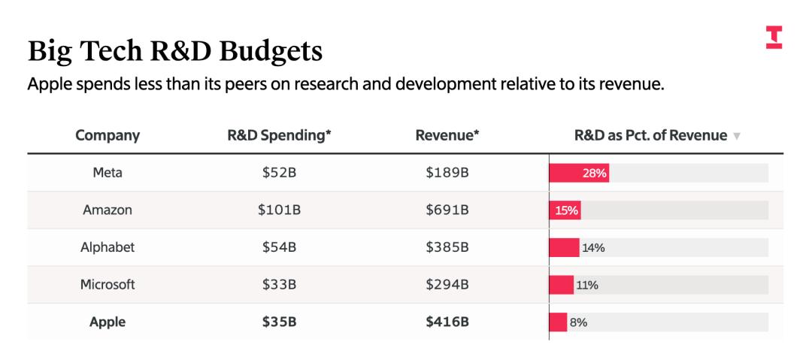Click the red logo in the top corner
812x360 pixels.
click(x=774, y=38)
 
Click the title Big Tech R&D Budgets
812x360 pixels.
click(x=175, y=51)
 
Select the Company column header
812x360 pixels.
click(x=108, y=136)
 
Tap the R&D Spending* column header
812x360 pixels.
click(x=279, y=136)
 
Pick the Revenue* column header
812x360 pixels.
click(x=447, y=136)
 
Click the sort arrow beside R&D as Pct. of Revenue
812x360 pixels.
click(x=737, y=137)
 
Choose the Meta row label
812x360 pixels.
click(x=108, y=173)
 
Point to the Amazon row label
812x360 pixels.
click(x=108, y=210)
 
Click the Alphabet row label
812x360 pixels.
click(x=108, y=247)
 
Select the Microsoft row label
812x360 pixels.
click(x=108, y=285)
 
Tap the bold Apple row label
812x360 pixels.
click(x=108, y=322)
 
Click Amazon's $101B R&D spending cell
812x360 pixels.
click(x=279, y=210)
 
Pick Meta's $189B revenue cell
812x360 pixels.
click(x=447, y=173)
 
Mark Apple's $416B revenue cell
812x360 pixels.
click(x=447, y=322)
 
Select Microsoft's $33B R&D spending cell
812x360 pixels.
click(x=279, y=285)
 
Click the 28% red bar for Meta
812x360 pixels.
click(x=579, y=173)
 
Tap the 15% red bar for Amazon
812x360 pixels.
click(x=565, y=210)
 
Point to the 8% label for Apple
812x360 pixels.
click(x=578, y=322)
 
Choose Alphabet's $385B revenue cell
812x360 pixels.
click(x=447, y=247)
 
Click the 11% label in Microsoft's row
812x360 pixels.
click(x=587, y=285)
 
